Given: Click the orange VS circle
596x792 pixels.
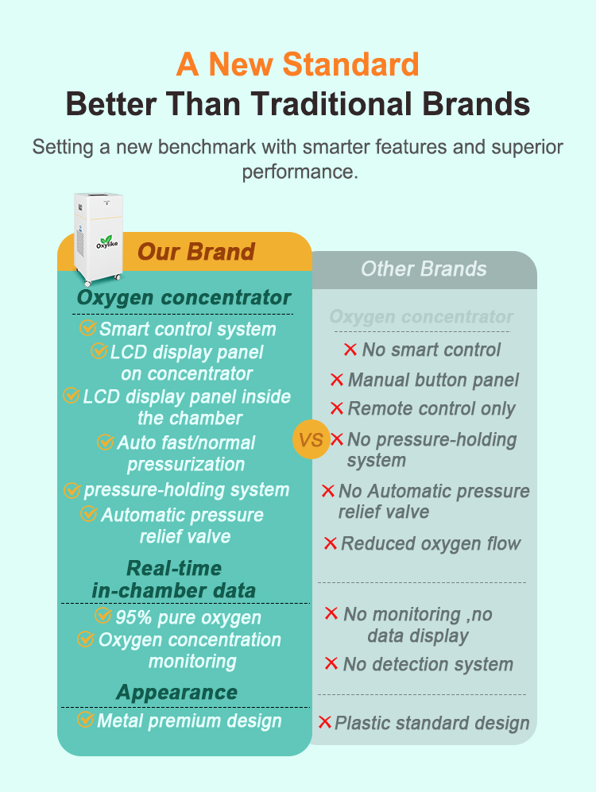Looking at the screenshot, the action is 311,439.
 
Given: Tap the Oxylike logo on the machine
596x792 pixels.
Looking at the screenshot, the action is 107,242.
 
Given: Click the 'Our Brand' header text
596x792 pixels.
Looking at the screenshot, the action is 196,252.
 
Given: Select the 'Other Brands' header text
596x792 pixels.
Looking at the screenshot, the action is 424,269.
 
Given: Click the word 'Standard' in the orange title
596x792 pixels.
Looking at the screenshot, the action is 350,64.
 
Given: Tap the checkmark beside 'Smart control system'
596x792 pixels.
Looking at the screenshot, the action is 87,328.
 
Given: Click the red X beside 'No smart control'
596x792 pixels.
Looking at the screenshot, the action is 350,349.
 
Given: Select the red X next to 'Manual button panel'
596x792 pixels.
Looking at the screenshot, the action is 336,380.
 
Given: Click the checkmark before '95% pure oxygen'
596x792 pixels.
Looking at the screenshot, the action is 103,615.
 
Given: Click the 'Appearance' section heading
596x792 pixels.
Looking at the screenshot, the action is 176,692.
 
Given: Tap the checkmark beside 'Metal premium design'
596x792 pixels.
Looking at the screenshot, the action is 85,719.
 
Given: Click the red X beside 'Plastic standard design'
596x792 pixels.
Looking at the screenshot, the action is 325,722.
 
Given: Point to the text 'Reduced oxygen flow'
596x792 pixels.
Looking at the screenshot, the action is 431,543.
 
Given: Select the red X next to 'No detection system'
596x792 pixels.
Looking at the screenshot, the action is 331,663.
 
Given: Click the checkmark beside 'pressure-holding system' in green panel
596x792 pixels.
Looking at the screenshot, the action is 72,490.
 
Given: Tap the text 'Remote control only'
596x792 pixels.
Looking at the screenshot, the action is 432,408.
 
